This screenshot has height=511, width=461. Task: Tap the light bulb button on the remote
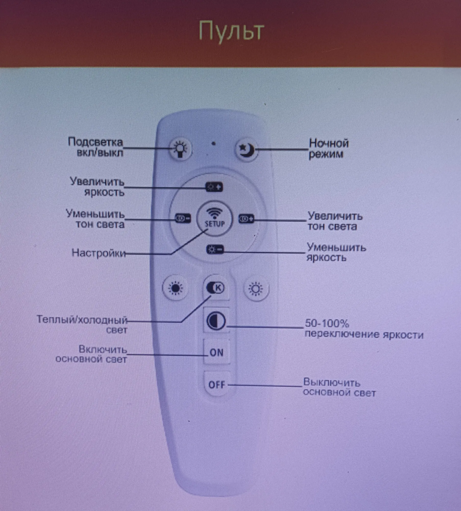[180, 149]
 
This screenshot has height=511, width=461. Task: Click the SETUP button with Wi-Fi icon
[215, 218]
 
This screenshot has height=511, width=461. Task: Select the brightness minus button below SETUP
[215, 250]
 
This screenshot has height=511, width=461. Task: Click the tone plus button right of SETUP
[246, 219]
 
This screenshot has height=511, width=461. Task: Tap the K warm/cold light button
[216, 288]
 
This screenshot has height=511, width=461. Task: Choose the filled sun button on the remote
[176, 288]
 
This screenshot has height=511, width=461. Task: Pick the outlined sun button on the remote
[256, 289]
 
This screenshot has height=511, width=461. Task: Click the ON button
[217, 353]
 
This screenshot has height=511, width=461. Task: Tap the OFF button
[217, 385]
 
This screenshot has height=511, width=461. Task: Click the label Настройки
[99, 253]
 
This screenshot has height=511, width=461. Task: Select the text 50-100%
[327, 324]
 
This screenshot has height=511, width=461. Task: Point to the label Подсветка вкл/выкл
[96, 147]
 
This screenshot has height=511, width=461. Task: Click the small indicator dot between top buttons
[214, 144]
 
